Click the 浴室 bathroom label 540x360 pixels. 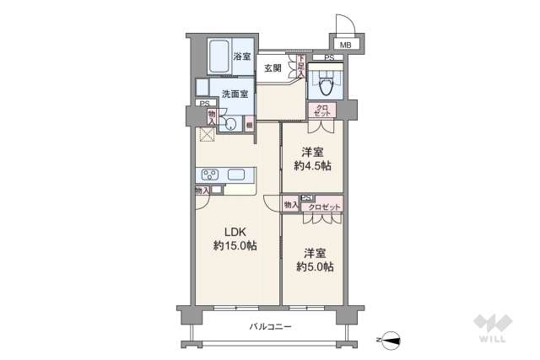point(241,57)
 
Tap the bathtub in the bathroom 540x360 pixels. point(219,58)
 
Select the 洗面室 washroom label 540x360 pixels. point(235,94)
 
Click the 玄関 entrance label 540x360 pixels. point(272,67)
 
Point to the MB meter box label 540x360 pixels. point(346,45)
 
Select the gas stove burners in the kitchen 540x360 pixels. point(209,175)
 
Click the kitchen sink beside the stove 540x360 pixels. point(236,175)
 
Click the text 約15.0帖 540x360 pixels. point(235,246)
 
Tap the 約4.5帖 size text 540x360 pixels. point(312,166)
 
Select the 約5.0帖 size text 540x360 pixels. point(314,267)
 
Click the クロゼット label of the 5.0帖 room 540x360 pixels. point(323,206)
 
